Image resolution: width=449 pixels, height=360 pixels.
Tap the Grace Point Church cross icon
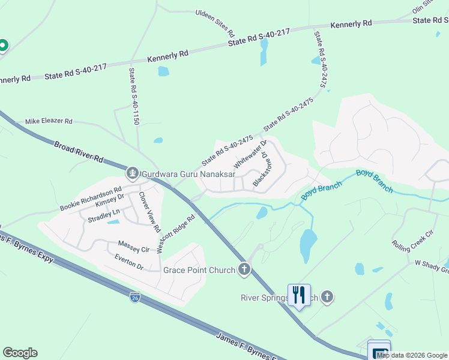(244, 269)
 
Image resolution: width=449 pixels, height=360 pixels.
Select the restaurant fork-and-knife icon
(299, 295)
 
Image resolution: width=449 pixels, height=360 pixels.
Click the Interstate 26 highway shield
(135, 297)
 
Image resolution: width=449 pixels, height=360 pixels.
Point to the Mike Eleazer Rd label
(49, 121)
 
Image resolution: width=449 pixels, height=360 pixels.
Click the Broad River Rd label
(79, 153)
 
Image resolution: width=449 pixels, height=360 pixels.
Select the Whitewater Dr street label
(250, 154)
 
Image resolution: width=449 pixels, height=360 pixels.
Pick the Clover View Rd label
(150, 211)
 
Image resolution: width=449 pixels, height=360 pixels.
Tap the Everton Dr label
(128, 262)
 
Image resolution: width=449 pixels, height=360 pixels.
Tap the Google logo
(20, 353)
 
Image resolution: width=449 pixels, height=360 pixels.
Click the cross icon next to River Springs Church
(327, 296)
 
